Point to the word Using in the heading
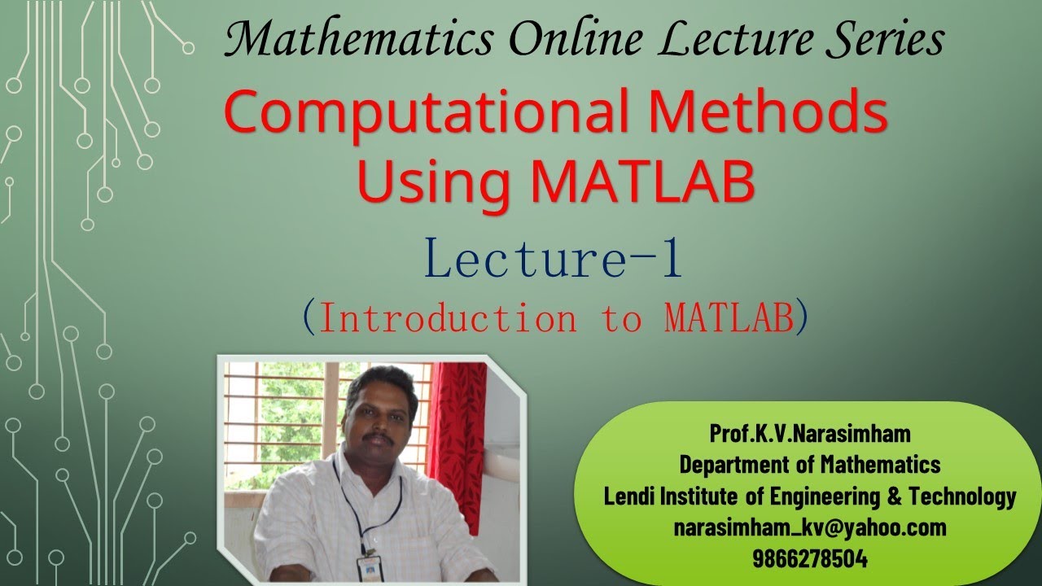(436, 182)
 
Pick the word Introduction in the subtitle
(448, 318)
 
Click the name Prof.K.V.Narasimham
(809, 434)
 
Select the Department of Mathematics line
(809, 465)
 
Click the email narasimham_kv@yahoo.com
(809, 527)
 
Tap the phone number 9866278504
(809, 559)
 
